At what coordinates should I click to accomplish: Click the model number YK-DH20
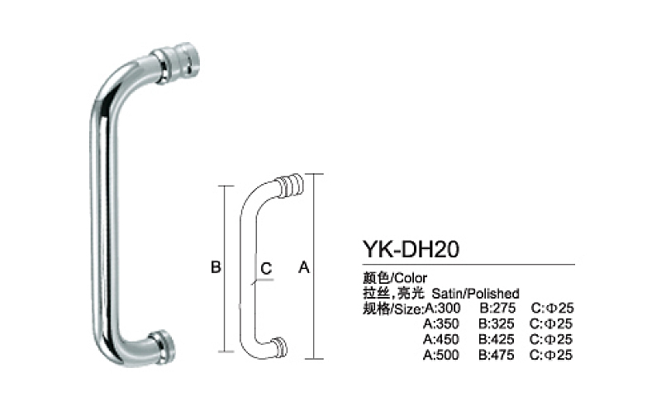411,248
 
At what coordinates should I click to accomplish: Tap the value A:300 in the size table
442,309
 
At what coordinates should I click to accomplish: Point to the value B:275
497,309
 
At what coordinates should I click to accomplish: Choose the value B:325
497,323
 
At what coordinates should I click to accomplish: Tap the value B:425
497,339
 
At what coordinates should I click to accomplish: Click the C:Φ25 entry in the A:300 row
552,309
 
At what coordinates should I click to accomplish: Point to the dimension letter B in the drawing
213,268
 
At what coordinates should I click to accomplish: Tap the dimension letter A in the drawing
302,268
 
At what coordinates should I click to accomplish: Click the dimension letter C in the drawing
266,268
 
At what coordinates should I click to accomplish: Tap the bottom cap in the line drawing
279,346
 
